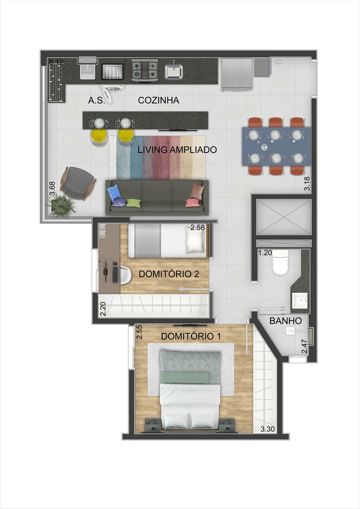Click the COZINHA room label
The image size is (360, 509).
(159, 100)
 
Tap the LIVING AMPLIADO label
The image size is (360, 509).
(177, 149)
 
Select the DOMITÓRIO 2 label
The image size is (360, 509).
(169, 274)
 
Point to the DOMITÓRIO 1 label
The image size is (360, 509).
(191, 337)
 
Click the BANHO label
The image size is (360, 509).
(285, 321)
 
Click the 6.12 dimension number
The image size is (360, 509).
(56, 62)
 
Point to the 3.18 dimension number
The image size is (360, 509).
(307, 184)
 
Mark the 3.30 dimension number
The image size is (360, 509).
(268, 429)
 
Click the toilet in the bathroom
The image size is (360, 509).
(280, 264)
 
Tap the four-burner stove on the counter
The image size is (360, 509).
(145, 71)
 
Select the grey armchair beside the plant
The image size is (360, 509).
(78, 181)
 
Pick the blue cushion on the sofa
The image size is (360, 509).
(114, 193)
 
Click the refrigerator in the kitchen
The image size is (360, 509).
(237, 75)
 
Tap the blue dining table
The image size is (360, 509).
(276, 146)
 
